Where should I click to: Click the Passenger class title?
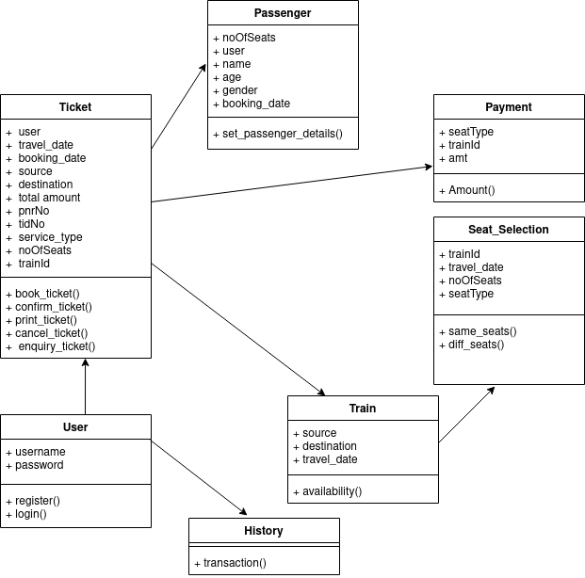[283, 13]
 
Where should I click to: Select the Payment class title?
[509, 107]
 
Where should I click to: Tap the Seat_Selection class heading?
[509, 230]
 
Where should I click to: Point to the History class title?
[264, 531]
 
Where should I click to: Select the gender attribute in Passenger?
[241, 90]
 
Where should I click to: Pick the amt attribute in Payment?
[458, 158]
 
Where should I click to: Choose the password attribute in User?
[40, 465]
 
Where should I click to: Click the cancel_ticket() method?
[51, 333]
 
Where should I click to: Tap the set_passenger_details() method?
[283, 134]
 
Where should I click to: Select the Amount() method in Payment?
[471, 190]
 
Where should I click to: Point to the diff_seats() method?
[478, 345]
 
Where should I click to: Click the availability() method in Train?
[332, 491]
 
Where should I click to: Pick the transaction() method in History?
[235, 563]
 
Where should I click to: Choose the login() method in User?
[30, 514]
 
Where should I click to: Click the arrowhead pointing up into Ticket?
[86, 362]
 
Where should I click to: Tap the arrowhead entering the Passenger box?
[203, 68]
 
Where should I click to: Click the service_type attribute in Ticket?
[50, 237]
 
